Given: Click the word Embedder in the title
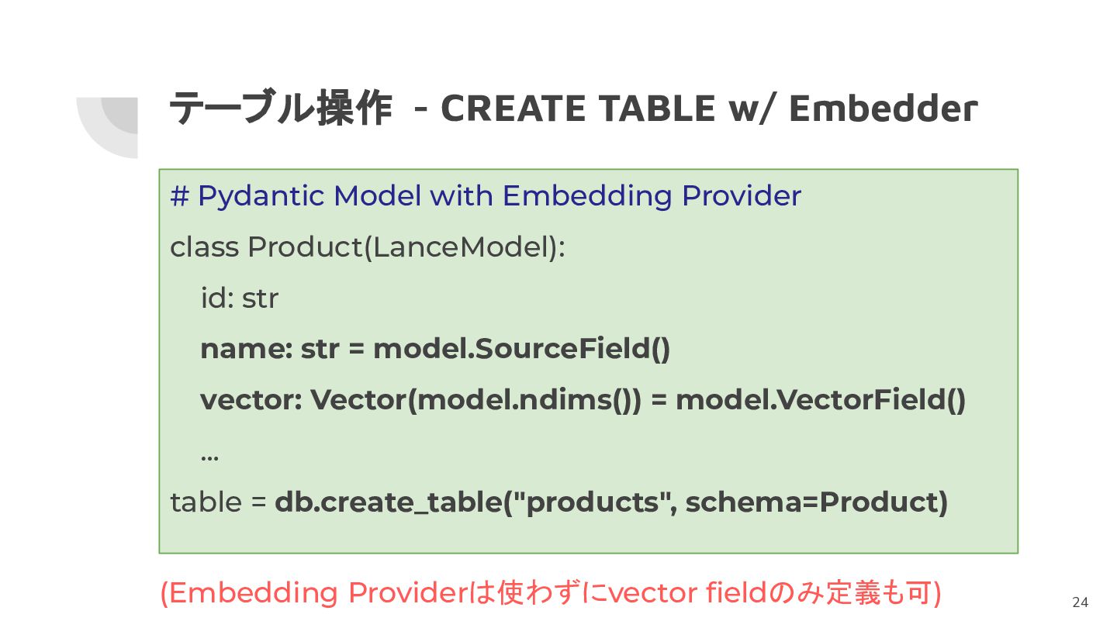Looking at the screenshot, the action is pyautogui.click(x=883, y=109).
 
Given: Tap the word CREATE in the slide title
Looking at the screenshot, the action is pyautogui.click(x=514, y=109).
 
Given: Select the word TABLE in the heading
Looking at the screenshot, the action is pyautogui.click(x=657, y=109).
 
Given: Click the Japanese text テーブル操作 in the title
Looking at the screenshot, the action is pyautogui.click(x=281, y=107).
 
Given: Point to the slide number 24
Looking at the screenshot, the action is pyautogui.click(x=1080, y=602).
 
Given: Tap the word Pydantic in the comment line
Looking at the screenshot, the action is pyautogui.click(x=261, y=196).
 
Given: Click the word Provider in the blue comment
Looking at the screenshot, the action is pyautogui.click(x=742, y=195).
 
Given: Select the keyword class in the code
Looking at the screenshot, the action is pyautogui.click(x=205, y=247).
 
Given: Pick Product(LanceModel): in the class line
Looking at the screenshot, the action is pyautogui.click(x=406, y=247).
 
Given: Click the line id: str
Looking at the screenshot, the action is pyautogui.click(x=240, y=298).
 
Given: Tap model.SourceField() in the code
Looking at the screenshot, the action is pyautogui.click(x=521, y=348).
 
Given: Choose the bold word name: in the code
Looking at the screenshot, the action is pyautogui.click(x=247, y=350).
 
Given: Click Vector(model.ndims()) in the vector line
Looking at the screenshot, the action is pyautogui.click(x=476, y=400).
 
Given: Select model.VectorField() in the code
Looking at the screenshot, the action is pyautogui.click(x=821, y=400).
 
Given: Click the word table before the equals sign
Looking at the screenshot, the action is pyautogui.click(x=206, y=502).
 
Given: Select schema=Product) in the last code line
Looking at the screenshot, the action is pyautogui.click(x=817, y=502).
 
